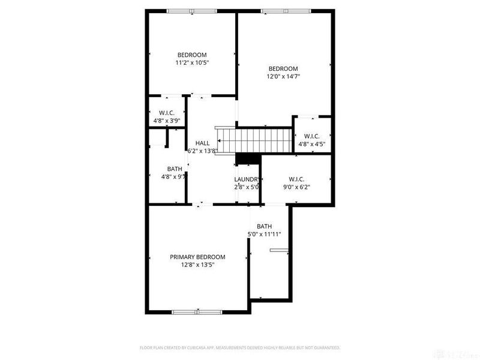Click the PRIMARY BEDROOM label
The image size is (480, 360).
[x=197, y=257]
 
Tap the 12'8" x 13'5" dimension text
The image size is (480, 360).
[x=197, y=265]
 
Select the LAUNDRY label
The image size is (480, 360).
[x=247, y=179]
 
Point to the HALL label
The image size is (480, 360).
[x=202, y=143]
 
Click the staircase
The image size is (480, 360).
[x=240, y=140]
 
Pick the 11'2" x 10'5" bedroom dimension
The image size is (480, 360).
[x=191, y=62]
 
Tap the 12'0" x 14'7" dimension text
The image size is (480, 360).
[x=283, y=76]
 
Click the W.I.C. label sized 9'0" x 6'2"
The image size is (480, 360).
[x=296, y=179]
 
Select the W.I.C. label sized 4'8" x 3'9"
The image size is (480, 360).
[x=166, y=113]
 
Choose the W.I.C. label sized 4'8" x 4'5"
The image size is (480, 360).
[x=311, y=136]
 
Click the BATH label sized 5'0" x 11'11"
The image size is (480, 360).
[x=265, y=226]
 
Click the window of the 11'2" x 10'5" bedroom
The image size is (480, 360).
[x=191, y=10]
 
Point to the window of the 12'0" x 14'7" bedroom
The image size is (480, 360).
[x=285, y=10]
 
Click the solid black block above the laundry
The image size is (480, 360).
[x=247, y=158]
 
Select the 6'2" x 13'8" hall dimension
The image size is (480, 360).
[x=202, y=151]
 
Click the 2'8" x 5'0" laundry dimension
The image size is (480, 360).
[x=247, y=187]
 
